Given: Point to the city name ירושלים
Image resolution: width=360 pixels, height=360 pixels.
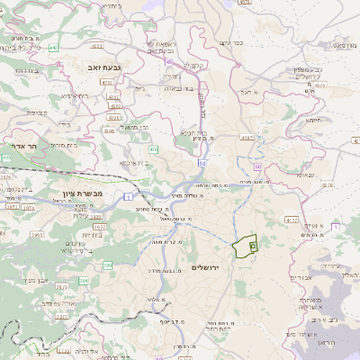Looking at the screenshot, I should tap(208, 267).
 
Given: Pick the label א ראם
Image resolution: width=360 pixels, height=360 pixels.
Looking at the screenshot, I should tap(249, 93).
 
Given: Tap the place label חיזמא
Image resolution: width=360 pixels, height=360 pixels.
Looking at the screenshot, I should tap(313, 119).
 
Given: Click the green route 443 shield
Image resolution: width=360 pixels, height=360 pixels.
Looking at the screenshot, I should tap(53, 46).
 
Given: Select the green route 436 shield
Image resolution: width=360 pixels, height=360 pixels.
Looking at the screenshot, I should tap(154, 149).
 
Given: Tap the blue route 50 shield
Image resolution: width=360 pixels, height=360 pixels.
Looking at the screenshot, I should tap(202, 163).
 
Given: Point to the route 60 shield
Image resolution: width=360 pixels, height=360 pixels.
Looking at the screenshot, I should tap(257, 167).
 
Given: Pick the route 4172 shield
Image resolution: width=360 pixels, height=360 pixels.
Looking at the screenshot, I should tap(291, 219).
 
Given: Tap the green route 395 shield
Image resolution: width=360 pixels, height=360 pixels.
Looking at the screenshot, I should tap(107, 265).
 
